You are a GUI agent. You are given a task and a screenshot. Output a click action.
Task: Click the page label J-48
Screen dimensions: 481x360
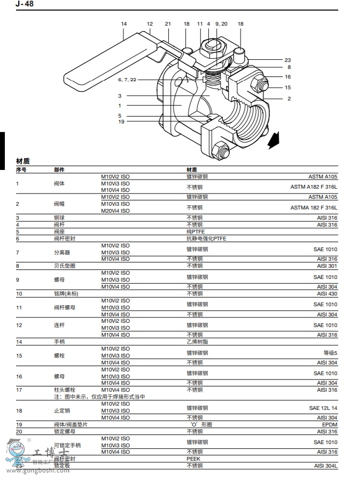25,4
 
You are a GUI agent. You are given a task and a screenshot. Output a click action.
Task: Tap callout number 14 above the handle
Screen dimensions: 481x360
123,24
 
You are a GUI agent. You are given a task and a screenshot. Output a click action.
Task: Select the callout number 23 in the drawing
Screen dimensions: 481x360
287,60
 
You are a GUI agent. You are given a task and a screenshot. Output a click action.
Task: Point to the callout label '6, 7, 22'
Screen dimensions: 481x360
127,79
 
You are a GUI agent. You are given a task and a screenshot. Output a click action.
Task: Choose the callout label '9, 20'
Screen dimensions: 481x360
221,24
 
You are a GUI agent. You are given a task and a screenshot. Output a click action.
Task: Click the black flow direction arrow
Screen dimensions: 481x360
273,141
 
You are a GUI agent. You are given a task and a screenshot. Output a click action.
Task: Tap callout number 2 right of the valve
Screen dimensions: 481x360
289,98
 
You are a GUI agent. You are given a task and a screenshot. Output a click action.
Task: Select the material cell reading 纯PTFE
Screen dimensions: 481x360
195,231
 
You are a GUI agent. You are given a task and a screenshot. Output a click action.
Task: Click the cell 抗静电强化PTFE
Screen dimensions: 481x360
206,238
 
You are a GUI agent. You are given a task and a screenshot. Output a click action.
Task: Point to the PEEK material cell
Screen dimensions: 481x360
193,459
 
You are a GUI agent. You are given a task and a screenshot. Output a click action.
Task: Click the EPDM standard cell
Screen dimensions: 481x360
329,424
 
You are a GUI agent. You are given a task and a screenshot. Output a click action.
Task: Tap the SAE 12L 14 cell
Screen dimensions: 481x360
323,408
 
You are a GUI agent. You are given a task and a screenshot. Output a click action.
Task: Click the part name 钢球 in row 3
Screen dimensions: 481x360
59,218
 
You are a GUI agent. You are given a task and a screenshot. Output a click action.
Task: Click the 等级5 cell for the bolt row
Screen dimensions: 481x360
330,353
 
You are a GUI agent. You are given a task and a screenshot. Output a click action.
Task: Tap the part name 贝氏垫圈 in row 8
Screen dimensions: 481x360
65,266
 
